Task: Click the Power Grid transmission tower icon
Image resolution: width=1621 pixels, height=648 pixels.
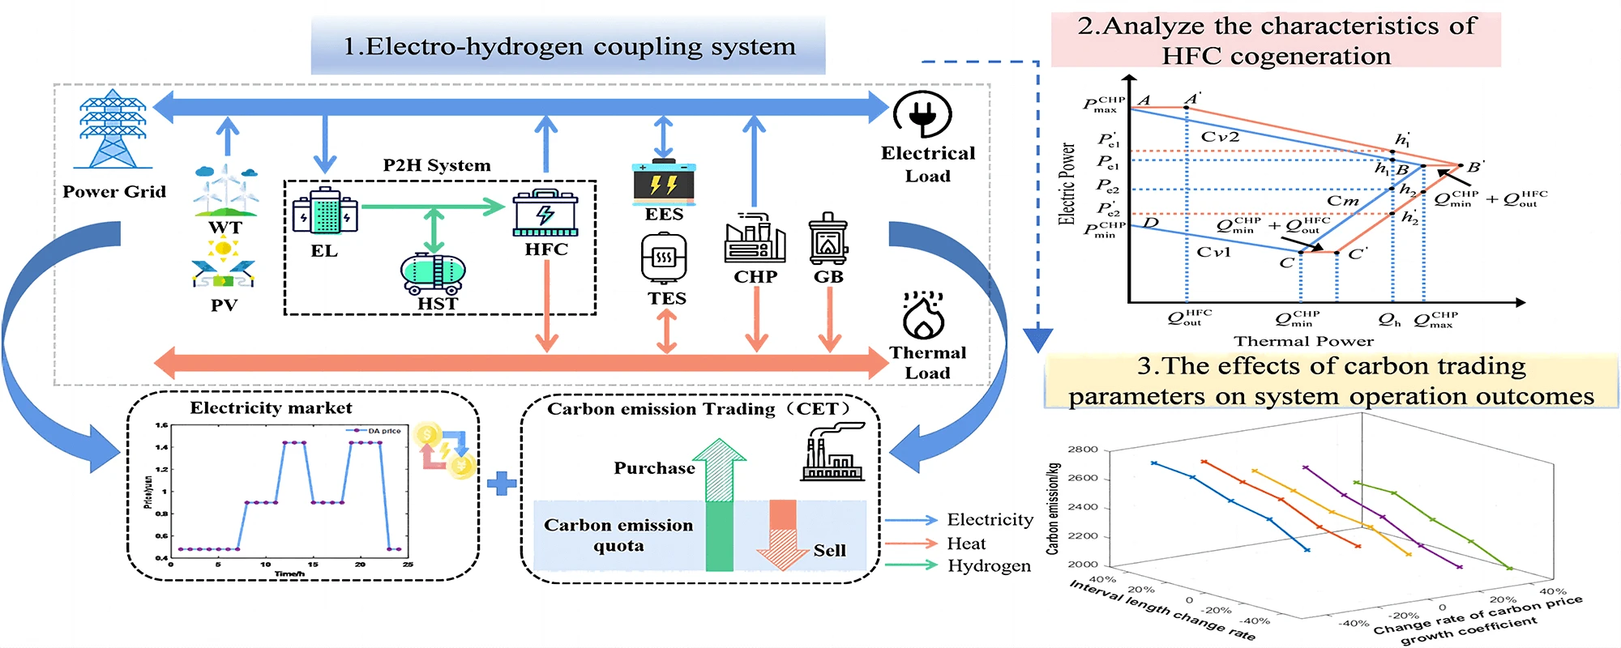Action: [113, 130]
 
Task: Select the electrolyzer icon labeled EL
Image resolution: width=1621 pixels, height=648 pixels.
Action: [325, 211]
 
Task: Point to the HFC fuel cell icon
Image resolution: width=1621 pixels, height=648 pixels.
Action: [545, 213]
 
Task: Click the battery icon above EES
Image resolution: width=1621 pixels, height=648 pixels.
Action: [664, 183]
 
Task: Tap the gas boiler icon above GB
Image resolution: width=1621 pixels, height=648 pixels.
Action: [828, 239]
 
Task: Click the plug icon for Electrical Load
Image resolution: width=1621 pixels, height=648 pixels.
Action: [922, 114]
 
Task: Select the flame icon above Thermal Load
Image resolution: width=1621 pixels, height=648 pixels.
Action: [923, 316]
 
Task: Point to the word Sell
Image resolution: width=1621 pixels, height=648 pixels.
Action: [829, 551]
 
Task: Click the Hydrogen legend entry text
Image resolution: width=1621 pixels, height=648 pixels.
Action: [989, 565]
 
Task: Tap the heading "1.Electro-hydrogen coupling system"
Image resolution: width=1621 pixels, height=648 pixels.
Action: [569, 47]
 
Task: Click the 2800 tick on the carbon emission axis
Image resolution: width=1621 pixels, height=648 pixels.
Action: [1083, 450]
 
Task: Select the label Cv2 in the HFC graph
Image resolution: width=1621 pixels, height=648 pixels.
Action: [1220, 137]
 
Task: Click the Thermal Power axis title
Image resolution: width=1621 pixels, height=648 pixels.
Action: [1303, 341]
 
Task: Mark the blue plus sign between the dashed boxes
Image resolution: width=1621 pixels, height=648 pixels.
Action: [502, 484]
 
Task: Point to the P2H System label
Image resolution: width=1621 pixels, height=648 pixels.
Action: [437, 166]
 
